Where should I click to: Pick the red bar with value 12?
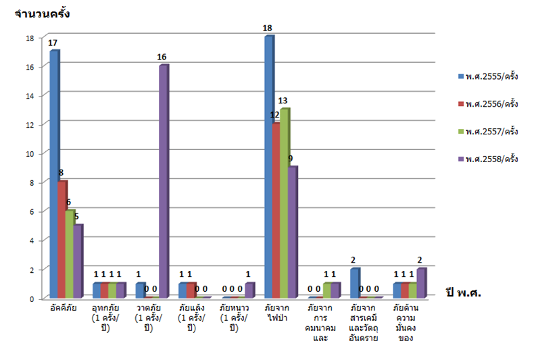click(276, 209)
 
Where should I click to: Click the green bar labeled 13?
click(284, 203)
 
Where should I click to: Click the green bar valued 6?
click(70, 253)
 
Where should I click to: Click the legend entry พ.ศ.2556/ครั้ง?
click(491, 104)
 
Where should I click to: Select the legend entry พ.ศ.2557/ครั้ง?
click(491, 132)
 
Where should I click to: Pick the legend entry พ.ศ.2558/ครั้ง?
click(491, 159)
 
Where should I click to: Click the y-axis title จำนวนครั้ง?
click(42, 13)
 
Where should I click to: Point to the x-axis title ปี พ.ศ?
click(467, 292)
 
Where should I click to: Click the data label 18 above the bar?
click(268, 28)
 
